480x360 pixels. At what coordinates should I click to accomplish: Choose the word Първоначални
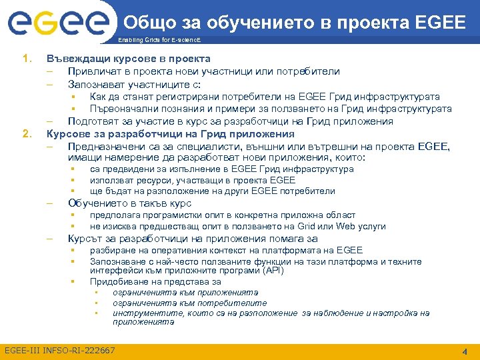[x=124, y=109]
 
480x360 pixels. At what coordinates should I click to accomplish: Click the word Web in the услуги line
[x=348, y=227]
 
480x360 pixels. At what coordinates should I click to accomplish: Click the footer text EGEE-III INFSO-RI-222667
[x=60, y=351]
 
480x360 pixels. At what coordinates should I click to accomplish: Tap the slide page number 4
[x=464, y=351]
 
